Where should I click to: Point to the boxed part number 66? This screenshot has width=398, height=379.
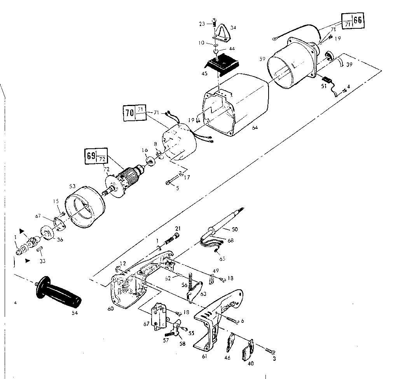pos(358,20)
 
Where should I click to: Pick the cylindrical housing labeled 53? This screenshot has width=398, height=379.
pos(85,206)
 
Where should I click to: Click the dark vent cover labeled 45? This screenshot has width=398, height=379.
pos(220,64)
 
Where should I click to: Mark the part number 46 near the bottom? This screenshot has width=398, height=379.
pos(227,357)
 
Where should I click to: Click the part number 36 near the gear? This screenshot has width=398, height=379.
pos(60,240)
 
